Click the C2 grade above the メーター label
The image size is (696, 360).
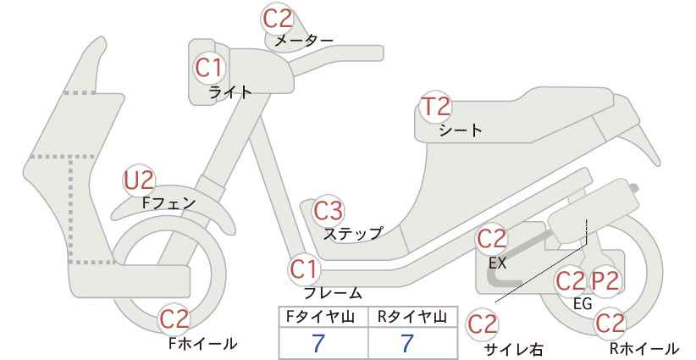pos(278,19)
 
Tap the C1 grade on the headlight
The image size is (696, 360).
pos(208,68)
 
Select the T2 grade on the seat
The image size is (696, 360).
pos(435,107)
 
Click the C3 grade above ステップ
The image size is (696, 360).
pos(328,210)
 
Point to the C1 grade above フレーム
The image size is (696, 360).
pos(304,269)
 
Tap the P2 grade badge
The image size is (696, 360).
pos(605,281)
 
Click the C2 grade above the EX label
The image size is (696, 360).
pos(491,239)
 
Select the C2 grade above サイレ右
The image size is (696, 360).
pos(483,324)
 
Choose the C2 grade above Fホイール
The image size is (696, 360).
pos(174,319)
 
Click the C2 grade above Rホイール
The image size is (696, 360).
pos(610,324)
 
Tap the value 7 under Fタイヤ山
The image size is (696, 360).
pos(318,343)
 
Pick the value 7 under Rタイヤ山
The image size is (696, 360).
pos(406,343)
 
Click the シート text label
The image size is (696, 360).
pos(461,130)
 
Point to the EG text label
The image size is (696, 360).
pos(583,303)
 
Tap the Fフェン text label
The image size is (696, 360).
pos(168,202)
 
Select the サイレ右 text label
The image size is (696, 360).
pos(513,350)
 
